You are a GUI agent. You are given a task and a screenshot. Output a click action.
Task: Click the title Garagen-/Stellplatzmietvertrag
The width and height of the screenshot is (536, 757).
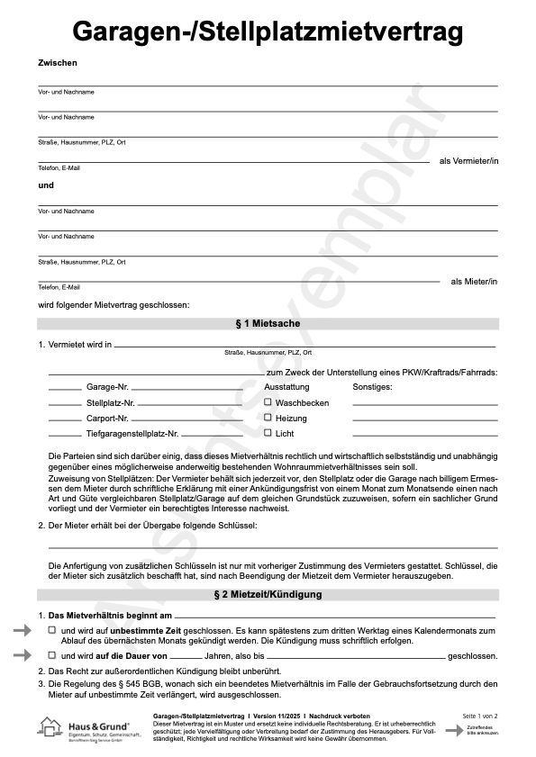pyautogui.click(x=268, y=32)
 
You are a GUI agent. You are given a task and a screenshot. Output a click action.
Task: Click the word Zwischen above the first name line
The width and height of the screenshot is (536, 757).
pyautogui.click(x=58, y=62)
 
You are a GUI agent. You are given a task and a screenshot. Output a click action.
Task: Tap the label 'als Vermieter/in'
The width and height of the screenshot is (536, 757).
pyautogui.click(x=468, y=161)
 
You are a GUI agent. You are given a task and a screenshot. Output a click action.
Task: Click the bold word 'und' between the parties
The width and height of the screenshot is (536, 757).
pyautogui.click(x=46, y=185)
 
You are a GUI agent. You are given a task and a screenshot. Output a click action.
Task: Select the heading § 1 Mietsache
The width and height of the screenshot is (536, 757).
pyautogui.click(x=268, y=323)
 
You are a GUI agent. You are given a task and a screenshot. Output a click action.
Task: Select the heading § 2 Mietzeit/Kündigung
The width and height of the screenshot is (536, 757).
pyautogui.click(x=268, y=595)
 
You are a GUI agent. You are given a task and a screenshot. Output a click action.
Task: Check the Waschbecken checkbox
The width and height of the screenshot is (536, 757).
pyautogui.click(x=268, y=402)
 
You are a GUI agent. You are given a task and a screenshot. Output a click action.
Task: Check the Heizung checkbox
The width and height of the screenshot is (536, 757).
pyautogui.click(x=268, y=418)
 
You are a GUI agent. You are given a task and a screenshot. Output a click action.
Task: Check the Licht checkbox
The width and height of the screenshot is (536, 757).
pyautogui.click(x=268, y=433)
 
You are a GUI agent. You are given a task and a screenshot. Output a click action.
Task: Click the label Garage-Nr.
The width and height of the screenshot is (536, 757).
pyautogui.click(x=107, y=387)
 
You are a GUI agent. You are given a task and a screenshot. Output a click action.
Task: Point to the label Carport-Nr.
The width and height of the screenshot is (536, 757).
pyautogui.click(x=108, y=419)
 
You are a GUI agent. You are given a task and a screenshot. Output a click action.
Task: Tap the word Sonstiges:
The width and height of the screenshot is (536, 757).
pyautogui.click(x=372, y=387)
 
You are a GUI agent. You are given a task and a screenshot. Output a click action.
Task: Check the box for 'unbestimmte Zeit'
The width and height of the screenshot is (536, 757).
pyautogui.click(x=52, y=631)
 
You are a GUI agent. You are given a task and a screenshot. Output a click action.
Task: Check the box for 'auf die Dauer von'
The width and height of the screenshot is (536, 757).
pyautogui.click(x=52, y=655)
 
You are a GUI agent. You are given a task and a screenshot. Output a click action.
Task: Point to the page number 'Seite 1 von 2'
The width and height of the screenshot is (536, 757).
pyautogui.click(x=480, y=716)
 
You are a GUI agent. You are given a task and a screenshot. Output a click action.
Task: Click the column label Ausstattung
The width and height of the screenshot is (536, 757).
pyautogui.click(x=286, y=387)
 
